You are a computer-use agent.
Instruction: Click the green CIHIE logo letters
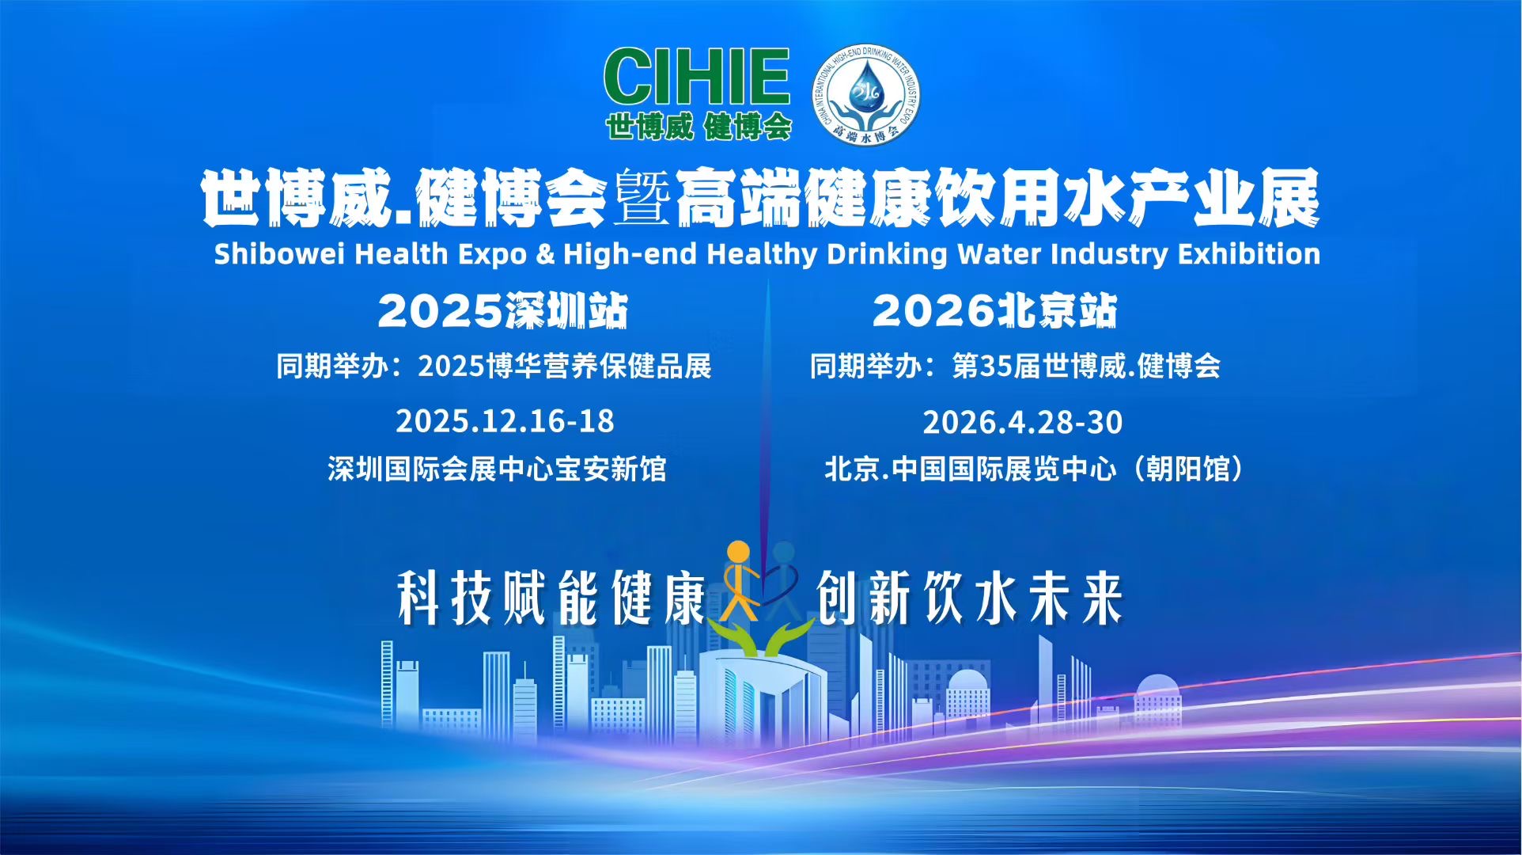point(697,77)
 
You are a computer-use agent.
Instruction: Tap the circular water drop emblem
point(866,93)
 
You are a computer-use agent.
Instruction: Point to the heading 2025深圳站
point(503,310)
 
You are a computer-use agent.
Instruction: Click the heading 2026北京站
point(994,310)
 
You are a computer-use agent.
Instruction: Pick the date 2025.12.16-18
point(505,421)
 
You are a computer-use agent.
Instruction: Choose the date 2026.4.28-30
point(1022,422)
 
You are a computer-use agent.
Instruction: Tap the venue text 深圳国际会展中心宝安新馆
point(497,469)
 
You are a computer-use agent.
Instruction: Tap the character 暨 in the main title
point(642,198)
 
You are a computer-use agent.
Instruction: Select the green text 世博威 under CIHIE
point(649,127)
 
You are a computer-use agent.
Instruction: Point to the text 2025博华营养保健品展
point(564,367)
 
